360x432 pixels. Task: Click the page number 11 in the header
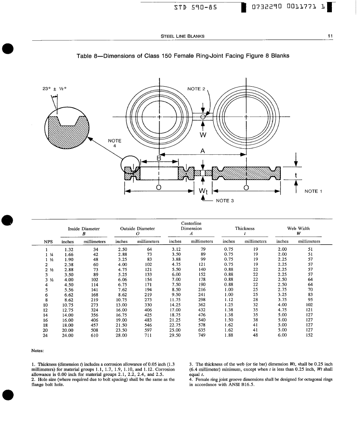coord(330,36)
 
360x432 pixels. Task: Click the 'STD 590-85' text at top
coord(195,7)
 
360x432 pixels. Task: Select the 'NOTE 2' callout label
coord(196,89)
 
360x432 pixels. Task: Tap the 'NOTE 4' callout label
coord(114,143)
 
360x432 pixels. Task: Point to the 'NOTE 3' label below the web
coord(225,201)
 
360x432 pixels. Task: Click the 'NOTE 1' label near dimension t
coord(313,191)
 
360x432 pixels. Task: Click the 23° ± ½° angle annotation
coord(54,89)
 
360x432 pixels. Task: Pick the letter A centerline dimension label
coord(203,151)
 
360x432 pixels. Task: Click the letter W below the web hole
coord(203,135)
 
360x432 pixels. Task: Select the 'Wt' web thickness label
coord(203,191)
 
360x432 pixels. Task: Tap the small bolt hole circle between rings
coord(203,117)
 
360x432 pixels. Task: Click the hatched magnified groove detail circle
coord(67,129)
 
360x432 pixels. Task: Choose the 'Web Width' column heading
coord(299,228)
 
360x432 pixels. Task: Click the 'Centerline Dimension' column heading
coord(191,226)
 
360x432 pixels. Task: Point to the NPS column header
coord(48,242)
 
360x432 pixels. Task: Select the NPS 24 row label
coord(45,335)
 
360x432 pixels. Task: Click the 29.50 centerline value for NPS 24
coord(175,335)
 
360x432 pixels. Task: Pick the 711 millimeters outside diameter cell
coord(148,335)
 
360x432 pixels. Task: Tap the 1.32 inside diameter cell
coord(69,250)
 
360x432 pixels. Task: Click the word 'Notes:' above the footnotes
coord(38,351)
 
